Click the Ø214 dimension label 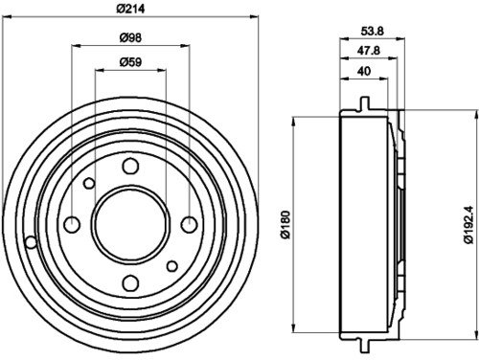[x=130, y=9]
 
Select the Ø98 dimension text [x=130, y=37]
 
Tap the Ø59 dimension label [x=130, y=61]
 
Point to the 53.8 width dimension [x=372, y=31]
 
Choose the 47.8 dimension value [x=369, y=50]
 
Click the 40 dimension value [x=364, y=71]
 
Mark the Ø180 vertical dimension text [x=285, y=224]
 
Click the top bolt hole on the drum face [x=130, y=166]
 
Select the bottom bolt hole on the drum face [x=130, y=283]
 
